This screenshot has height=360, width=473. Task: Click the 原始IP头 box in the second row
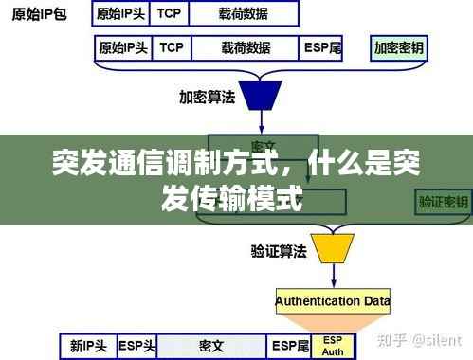pos(123,46)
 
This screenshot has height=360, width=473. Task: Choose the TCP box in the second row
pos(173,46)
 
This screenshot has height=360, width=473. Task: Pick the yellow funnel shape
pos(332,248)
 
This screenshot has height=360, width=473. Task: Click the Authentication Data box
pos(332,301)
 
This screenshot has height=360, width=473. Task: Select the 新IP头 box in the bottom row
pos(87,347)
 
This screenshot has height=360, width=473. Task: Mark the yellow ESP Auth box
pos(333,346)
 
